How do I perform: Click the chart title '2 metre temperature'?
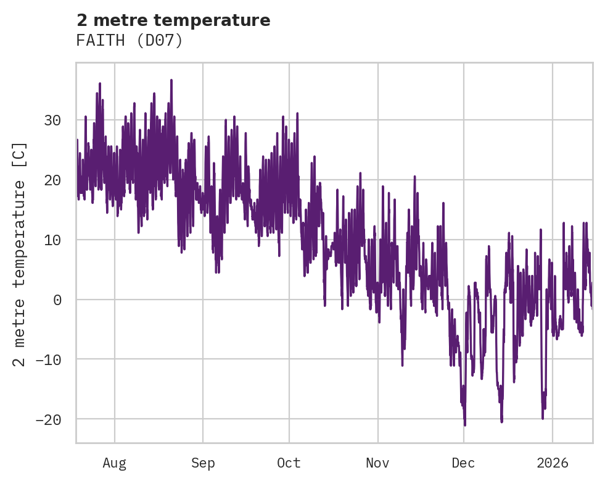point(173,20)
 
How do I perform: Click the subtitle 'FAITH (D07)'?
point(130,41)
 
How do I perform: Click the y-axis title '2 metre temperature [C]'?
point(20,254)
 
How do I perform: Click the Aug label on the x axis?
point(115,463)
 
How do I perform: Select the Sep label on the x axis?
point(203,463)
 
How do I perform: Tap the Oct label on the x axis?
point(289,463)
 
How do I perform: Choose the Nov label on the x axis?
point(377,463)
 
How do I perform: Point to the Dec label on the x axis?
point(464,463)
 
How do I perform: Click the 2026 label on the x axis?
point(553,463)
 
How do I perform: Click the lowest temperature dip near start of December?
point(465,425)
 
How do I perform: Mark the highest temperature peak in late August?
point(171,80)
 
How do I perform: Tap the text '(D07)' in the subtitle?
point(163,41)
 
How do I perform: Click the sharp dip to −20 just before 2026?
point(543,418)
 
